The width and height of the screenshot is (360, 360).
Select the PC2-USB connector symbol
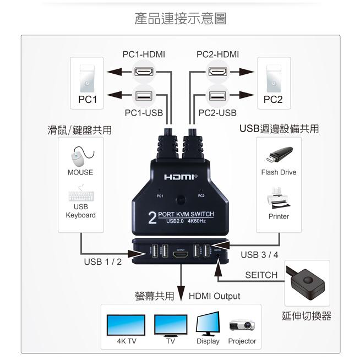coord(217,96)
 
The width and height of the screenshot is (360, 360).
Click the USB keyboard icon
coord(80,195)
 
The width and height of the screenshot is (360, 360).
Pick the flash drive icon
coord(279,156)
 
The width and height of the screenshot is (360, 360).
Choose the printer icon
coord(279,198)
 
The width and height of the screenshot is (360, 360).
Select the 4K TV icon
coord(126,325)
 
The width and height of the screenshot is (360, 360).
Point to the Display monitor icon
coord(208,324)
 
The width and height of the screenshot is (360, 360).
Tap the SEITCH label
coord(261,275)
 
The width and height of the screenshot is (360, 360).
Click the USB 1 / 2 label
coord(102,261)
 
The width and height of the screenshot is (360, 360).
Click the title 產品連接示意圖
coord(180,19)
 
